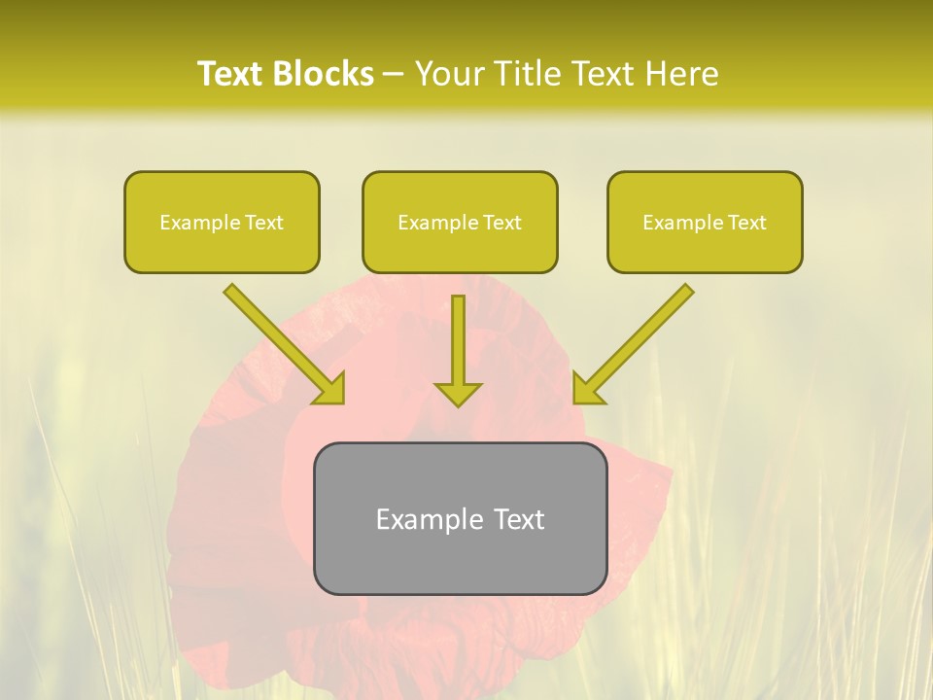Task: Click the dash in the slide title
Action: [x=394, y=75]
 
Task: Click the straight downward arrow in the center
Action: [x=458, y=340]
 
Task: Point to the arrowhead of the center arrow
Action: [x=458, y=393]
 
